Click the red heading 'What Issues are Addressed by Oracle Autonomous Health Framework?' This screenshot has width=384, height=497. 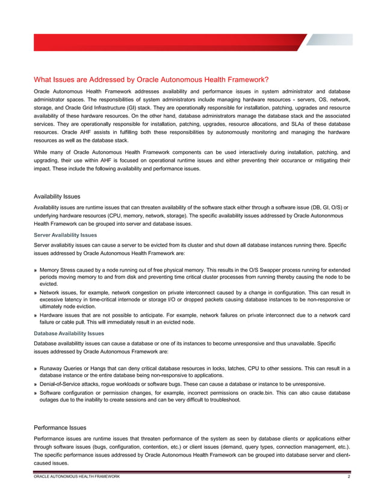click(x=151, y=79)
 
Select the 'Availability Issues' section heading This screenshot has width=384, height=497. click(x=61, y=196)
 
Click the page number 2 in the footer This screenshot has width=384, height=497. click(x=348, y=477)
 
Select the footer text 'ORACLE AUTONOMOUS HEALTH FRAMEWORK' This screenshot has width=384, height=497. click(x=76, y=477)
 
